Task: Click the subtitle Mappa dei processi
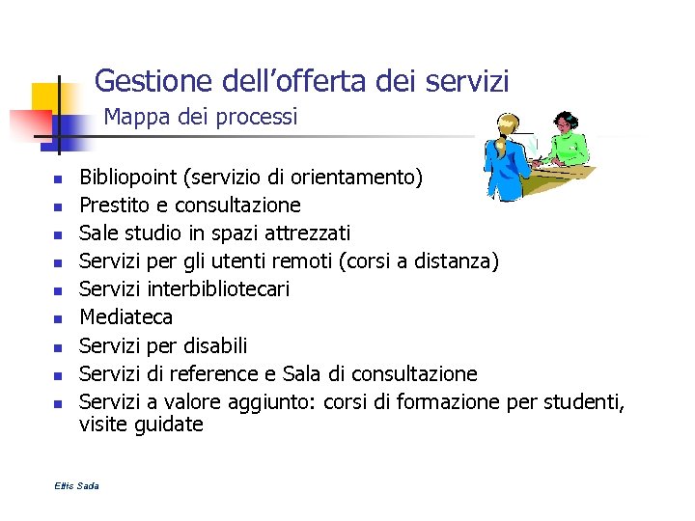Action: [x=201, y=117]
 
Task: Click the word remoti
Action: [x=317, y=261]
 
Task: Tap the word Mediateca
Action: [x=125, y=317]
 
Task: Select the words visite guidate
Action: [x=141, y=425]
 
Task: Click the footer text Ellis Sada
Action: [x=77, y=485]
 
